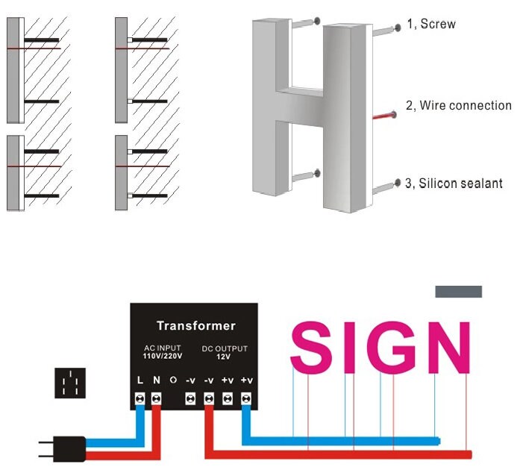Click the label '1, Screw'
(432, 24)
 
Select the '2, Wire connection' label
(458, 106)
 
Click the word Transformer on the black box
(195, 325)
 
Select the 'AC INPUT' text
(161, 348)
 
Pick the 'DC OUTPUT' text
(225, 348)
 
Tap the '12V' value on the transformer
(225, 357)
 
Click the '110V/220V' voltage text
(161, 357)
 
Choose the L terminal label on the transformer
(140, 380)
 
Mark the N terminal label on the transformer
(156, 380)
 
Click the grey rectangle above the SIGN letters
(458, 292)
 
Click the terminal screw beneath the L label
(140, 399)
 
